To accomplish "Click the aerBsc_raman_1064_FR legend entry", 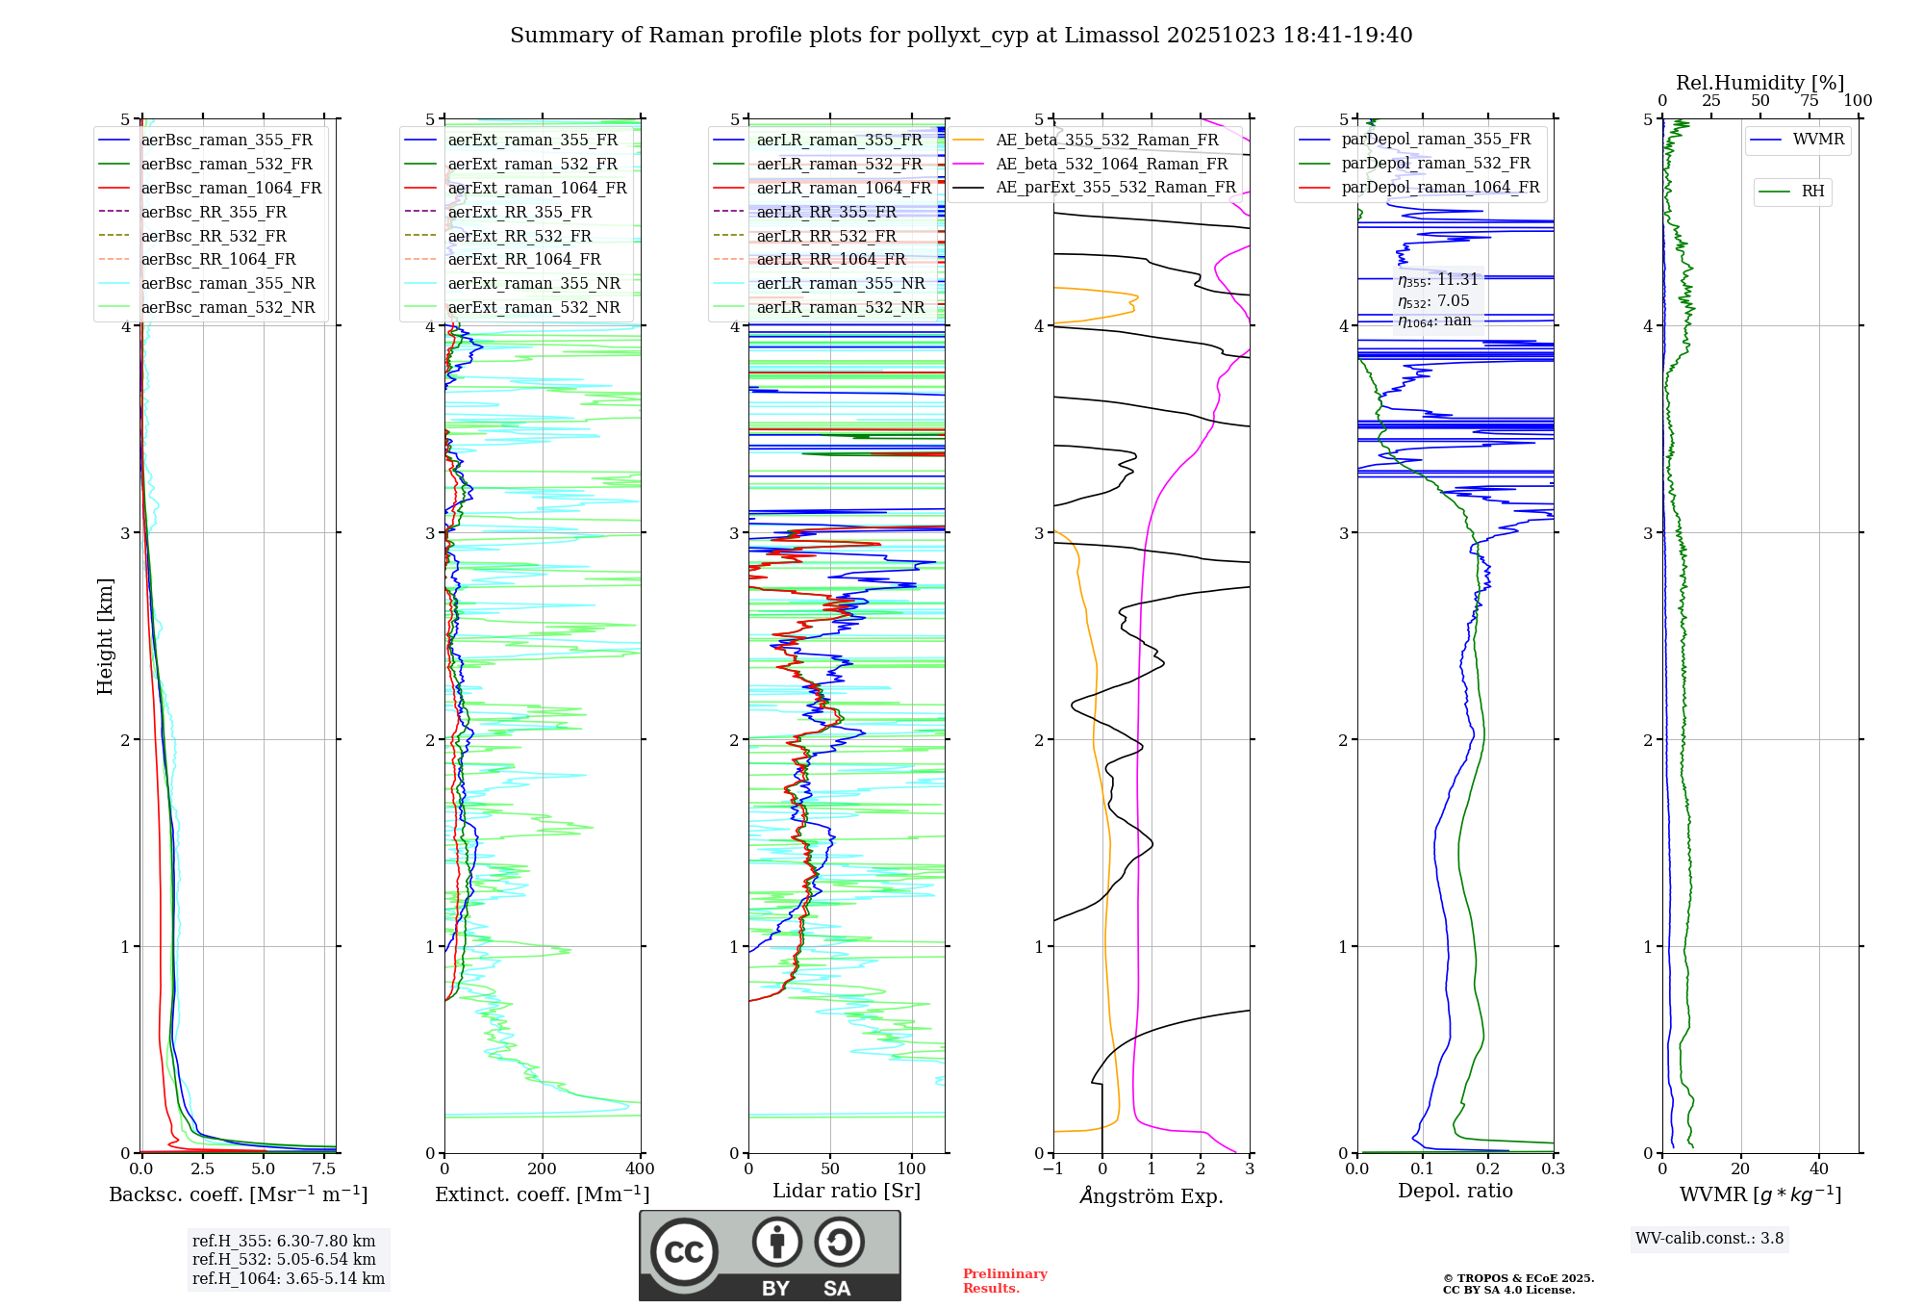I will [x=231, y=189].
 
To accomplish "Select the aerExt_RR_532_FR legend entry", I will [x=519, y=236].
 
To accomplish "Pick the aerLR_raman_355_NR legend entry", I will [x=840, y=284].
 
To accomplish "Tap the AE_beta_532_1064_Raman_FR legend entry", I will [x=1111, y=165].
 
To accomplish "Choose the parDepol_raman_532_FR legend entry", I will [x=1435, y=164].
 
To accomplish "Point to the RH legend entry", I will [x=1812, y=192].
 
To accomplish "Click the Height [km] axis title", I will [x=105, y=636].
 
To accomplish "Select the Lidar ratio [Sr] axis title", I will [x=847, y=1191].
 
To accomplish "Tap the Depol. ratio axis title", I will [x=1455, y=1191].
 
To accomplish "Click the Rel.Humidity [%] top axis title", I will [x=1759, y=83].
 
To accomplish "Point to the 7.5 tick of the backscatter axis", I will [x=324, y=1169].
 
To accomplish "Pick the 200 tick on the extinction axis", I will [x=543, y=1169].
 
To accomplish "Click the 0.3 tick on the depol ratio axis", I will [x=1553, y=1169].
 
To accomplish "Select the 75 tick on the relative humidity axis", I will [x=1810, y=101].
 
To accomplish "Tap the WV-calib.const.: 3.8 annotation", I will [x=1709, y=1239].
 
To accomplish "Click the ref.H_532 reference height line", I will [x=284, y=1260].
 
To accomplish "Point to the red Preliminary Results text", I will [x=1004, y=1281].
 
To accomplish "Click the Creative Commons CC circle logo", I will [x=684, y=1252].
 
